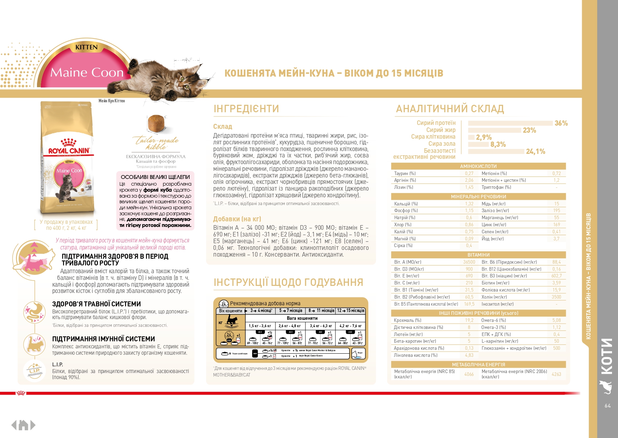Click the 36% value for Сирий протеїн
pyautogui.click(x=561, y=123)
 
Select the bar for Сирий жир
pyautogui.click(x=494, y=130)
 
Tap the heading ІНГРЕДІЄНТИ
pyautogui.click(x=246, y=109)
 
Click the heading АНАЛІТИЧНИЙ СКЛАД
pyautogui.click(x=450, y=109)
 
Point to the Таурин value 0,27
pyautogui.click(x=469, y=173)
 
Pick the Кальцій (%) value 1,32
pyautogui.click(x=469, y=204)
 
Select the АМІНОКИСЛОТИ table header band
pyautogui.click(x=478, y=166)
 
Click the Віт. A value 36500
pyautogui.click(x=469, y=262)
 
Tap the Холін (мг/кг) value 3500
pyautogui.click(x=556, y=297)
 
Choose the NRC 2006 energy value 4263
pyautogui.click(x=556, y=374)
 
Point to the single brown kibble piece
pyautogui.click(x=156, y=124)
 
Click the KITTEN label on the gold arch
pyautogui.click(x=86, y=47)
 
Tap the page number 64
pyautogui.click(x=608, y=406)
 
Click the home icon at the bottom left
pyautogui.click(x=23, y=425)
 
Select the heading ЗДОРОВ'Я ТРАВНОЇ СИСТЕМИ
pyautogui.click(x=97, y=304)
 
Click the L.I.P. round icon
pyautogui.click(x=34, y=370)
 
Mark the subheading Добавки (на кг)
pyautogui.click(x=237, y=219)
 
